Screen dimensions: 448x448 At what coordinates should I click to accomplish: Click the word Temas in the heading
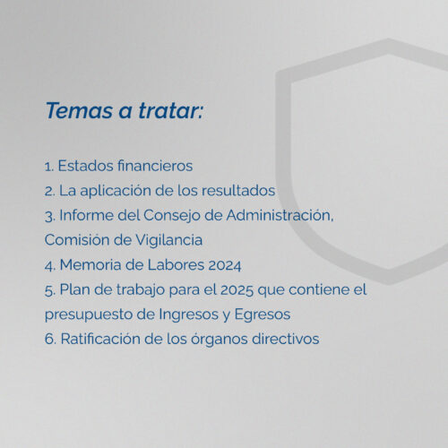[79, 110]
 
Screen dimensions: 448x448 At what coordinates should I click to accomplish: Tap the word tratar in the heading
[169, 110]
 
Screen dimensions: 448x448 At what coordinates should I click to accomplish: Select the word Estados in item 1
[85, 166]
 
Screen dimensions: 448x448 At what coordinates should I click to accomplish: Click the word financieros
[155, 166]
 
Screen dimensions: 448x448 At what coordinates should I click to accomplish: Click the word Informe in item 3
[87, 215]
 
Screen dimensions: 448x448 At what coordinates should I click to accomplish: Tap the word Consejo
[172, 216]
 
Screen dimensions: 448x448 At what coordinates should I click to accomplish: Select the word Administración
[280, 215]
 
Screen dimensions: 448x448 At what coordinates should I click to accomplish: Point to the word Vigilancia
[169, 240]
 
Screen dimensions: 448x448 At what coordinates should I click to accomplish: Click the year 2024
[225, 265]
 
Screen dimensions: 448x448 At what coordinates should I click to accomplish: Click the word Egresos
[263, 314]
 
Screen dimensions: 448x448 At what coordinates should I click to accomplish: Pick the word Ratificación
[100, 339]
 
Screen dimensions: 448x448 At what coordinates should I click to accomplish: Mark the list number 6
[50, 340]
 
